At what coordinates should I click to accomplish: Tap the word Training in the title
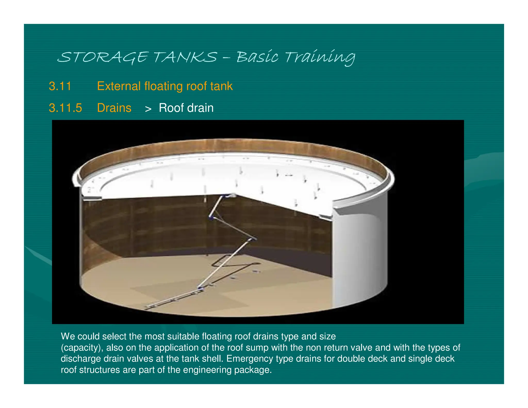(320, 57)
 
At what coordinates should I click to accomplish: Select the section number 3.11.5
(65, 108)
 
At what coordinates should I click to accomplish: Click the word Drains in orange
(114, 108)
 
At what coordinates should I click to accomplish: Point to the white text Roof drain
(186, 108)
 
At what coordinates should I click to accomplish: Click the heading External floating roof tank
(165, 86)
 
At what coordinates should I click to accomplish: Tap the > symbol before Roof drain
(148, 109)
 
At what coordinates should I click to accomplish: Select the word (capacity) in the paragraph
(82, 348)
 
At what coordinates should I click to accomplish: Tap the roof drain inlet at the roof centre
(232, 195)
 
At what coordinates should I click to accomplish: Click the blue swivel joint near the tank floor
(200, 288)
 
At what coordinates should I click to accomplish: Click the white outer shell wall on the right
(361, 258)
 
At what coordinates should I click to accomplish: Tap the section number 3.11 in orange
(60, 86)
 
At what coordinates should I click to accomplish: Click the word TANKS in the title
(185, 57)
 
